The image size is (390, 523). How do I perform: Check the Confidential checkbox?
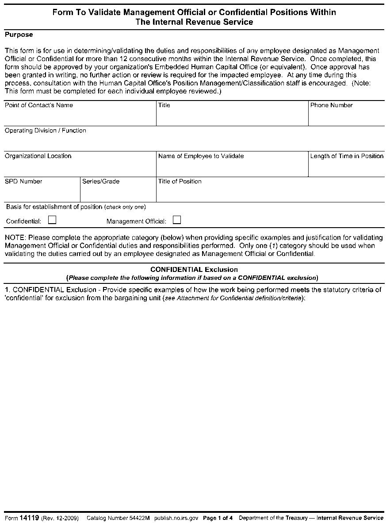click(x=52, y=220)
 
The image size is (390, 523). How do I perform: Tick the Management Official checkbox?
click(x=177, y=220)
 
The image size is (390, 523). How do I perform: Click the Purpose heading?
click(x=19, y=35)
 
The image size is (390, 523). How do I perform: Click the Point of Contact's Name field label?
click(x=39, y=105)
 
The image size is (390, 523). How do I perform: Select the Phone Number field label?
click(x=332, y=105)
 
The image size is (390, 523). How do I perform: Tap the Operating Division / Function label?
click(x=46, y=131)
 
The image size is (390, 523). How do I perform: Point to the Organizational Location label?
click(x=38, y=156)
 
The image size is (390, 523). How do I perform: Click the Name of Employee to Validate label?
click(x=201, y=156)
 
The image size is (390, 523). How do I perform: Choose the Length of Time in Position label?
click(x=347, y=156)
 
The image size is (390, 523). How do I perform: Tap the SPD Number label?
click(x=24, y=182)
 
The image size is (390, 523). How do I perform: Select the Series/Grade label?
click(x=101, y=182)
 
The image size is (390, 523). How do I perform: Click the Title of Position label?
click(x=180, y=182)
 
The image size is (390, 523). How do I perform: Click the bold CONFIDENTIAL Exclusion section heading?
click(x=194, y=269)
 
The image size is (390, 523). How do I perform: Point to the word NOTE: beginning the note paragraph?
click(x=15, y=238)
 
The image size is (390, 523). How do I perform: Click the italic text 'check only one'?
click(x=126, y=207)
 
